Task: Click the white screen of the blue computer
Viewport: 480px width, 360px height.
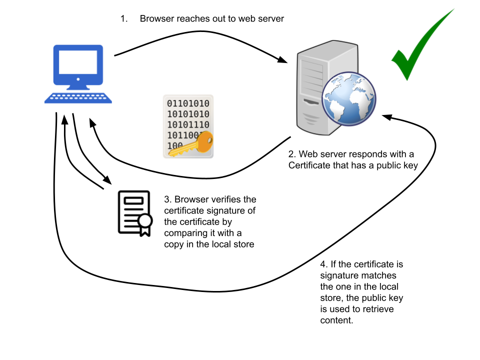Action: tap(78, 62)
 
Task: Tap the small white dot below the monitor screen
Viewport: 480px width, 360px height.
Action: tap(78, 79)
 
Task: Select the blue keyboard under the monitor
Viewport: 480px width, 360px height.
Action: tap(78, 98)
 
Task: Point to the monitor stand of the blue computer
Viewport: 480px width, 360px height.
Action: tap(78, 88)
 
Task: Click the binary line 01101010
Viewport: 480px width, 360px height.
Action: tap(188, 103)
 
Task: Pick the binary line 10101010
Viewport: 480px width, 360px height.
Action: tap(188, 114)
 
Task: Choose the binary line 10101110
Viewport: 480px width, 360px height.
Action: tap(188, 124)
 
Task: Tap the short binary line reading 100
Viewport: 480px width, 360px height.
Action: tap(174, 145)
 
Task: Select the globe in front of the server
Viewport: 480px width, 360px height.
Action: tap(348, 99)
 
